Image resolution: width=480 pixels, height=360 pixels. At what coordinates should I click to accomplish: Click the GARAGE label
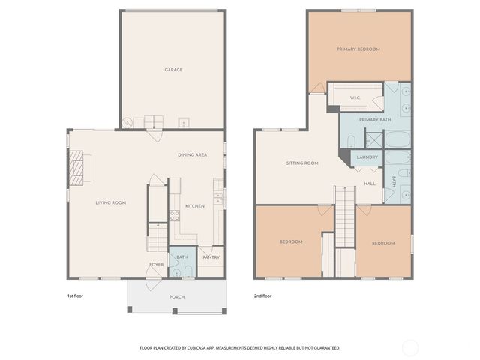pyautogui.click(x=173, y=70)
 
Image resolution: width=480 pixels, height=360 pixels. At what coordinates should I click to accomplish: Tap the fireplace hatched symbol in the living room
pyautogui.click(x=78, y=169)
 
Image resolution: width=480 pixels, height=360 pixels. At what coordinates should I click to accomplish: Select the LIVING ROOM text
pyautogui.click(x=109, y=202)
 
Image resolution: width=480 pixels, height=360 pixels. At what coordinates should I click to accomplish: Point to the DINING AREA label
pyautogui.click(x=192, y=155)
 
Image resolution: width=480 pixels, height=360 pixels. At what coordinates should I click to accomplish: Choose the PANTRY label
pyautogui.click(x=211, y=257)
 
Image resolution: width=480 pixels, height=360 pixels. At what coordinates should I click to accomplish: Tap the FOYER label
pyautogui.click(x=156, y=265)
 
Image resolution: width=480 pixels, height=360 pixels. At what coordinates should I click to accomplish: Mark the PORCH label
pyautogui.click(x=177, y=297)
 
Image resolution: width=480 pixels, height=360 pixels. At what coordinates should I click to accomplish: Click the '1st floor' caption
pyautogui.click(x=76, y=295)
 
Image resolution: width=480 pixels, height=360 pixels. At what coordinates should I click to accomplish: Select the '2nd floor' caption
pyautogui.click(x=262, y=295)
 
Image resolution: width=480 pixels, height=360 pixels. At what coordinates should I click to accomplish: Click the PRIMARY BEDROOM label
pyautogui.click(x=358, y=49)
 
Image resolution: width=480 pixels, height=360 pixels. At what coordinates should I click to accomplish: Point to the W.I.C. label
pyautogui.click(x=356, y=98)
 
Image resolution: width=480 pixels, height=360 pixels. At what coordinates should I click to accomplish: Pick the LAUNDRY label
pyautogui.click(x=367, y=157)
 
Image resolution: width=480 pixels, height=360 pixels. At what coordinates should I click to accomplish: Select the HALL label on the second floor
pyautogui.click(x=370, y=183)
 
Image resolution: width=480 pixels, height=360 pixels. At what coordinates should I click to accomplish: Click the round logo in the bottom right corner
pyautogui.click(x=410, y=347)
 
